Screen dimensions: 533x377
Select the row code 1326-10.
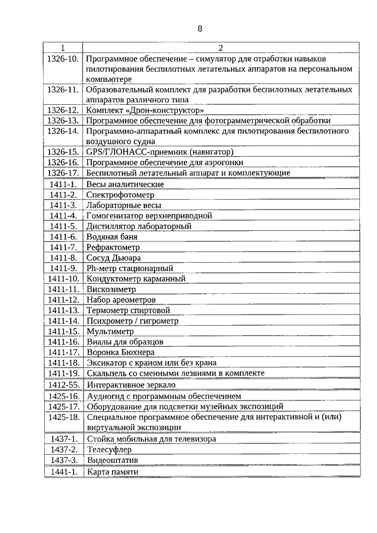coord(63,59)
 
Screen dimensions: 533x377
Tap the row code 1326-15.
coord(63,152)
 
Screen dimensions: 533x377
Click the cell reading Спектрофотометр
coord(120,194)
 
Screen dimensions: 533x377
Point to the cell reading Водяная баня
coord(111,237)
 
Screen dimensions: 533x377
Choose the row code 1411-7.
coord(63,247)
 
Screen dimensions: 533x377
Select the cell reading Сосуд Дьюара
coord(114,258)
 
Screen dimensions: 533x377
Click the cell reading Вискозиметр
coord(111,290)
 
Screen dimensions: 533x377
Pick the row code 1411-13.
coord(63,310)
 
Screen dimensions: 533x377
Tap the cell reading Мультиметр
coord(110,332)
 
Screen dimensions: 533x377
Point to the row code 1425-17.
coord(63,406)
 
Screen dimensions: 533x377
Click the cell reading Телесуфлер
coord(110,449)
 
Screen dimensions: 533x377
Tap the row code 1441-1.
coord(63,472)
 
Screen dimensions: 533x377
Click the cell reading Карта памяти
coord(113,472)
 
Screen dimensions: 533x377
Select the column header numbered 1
coord(63,47)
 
